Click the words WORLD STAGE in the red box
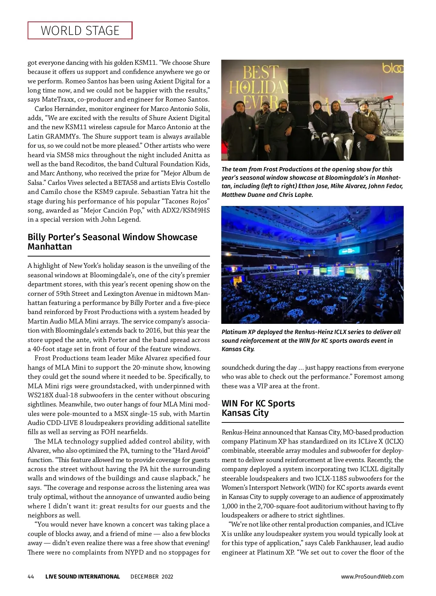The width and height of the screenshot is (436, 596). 80,31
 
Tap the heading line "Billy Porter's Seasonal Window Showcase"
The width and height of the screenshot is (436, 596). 112,237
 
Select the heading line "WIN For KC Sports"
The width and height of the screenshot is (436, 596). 258,404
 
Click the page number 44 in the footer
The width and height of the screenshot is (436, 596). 31,577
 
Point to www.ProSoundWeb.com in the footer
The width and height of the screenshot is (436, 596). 372,577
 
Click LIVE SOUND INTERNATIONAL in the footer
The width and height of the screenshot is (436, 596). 82,577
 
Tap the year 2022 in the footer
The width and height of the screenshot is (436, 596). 167,577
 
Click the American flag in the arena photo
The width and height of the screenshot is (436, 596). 339,238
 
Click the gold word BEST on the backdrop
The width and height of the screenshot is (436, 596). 261,73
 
